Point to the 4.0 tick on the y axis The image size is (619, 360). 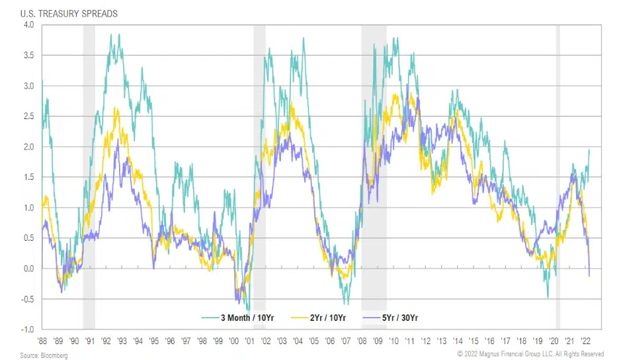[x=28, y=24]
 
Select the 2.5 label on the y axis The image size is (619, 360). [x=28, y=116]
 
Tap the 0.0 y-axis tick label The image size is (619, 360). [x=28, y=269]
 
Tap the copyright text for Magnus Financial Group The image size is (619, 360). [x=530, y=355]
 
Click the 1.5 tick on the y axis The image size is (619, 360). [x=28, y=177]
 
